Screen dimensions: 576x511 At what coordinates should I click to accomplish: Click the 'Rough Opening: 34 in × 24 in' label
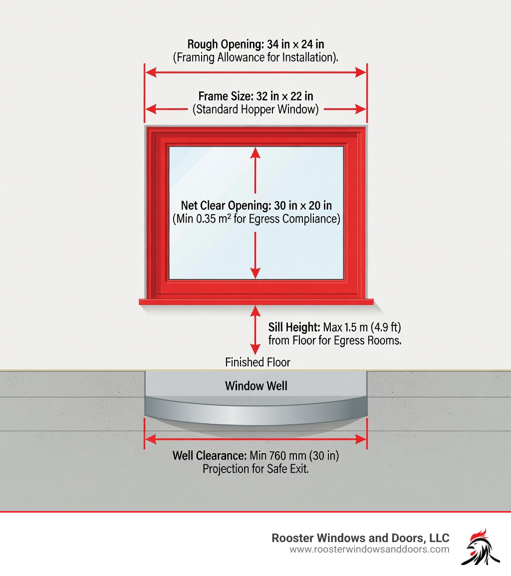[x=255, y=44]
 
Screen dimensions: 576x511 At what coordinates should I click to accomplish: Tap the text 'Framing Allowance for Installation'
[x=255, y=57]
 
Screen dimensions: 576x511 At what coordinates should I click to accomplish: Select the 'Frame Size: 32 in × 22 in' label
[x=255, y=96]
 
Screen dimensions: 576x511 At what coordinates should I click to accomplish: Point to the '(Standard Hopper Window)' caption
[x=255, y=109]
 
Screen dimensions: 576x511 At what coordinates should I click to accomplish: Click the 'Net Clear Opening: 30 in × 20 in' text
[x=255, y=205]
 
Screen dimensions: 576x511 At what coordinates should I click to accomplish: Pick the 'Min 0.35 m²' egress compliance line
[x=255, y=219]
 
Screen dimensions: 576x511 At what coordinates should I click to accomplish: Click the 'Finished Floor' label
[x=257, y=362]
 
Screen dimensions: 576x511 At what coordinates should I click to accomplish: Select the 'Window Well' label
[x=256, y=385]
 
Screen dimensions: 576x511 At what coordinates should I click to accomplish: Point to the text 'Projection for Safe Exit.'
[x=255, y=469]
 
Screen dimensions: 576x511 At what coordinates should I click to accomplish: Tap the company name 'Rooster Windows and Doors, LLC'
[x=360, y=538]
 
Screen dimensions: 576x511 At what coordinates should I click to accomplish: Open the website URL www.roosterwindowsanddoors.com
[x=369, y=550]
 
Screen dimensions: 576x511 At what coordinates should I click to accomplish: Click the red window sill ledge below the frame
[x=255, y=301]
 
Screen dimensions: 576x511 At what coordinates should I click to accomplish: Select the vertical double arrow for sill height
[x=255, y=330]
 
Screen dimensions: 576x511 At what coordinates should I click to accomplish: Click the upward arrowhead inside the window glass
[x=255, y=152]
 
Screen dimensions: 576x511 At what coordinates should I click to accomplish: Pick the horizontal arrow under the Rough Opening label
[x=255, y=73]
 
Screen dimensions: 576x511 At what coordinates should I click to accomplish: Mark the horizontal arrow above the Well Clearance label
[x=255, y=439]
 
